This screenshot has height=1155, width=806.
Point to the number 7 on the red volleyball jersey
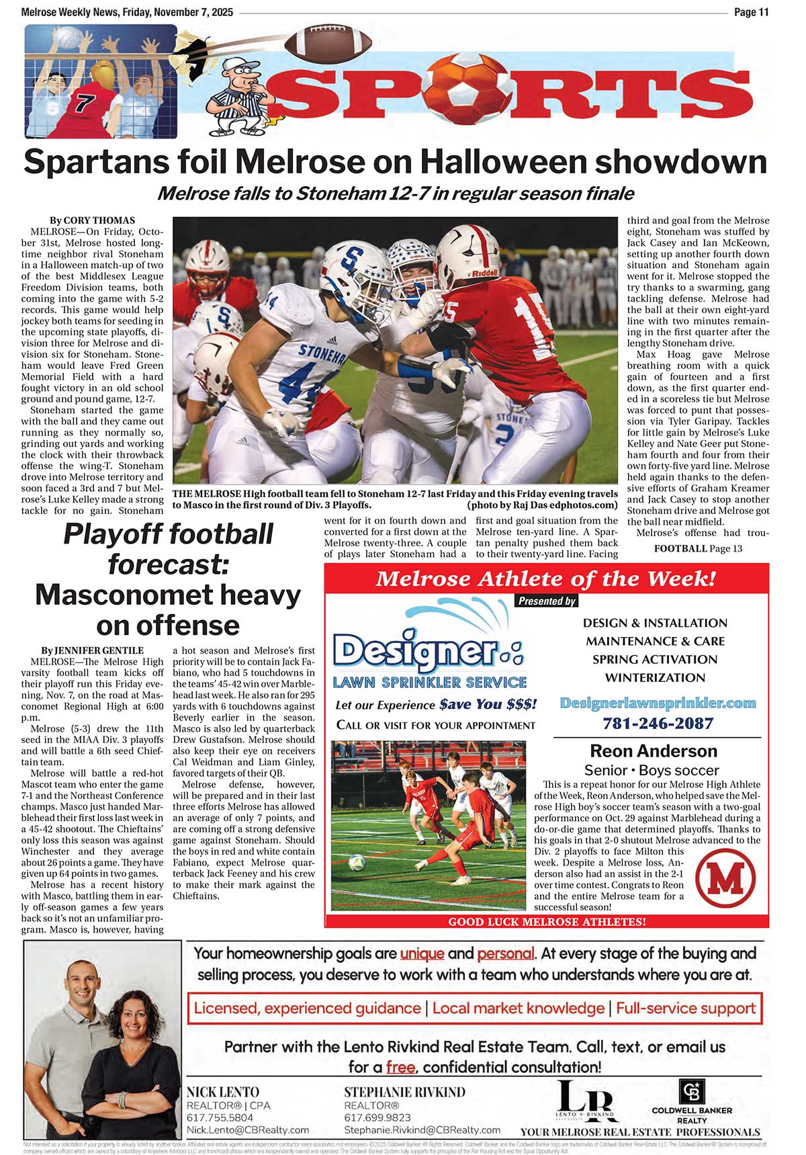pyautogui.click(x=83, y=105)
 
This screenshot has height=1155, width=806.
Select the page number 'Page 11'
pyautogui.click(x=751, y=12)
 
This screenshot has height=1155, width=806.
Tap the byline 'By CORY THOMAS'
pyautogui.click(x=92, y=220)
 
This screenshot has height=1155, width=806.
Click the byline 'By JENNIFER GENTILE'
pyautogui.click(x=92, y=650)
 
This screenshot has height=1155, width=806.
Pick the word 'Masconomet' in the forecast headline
pyautogui.click(x=168, y=595)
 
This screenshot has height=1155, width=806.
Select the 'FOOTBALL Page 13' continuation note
pyautogui.click(x=698, y=548)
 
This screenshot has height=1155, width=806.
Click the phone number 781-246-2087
pyautogui.click(x=658, y=723)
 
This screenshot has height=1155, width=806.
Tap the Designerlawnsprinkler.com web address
pyautogui.click(x=658, y=703)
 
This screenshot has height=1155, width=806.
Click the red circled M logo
pyautogui.click(x=725, y=878)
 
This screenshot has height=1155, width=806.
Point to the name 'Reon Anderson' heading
pyautogui.click(x=653, y=751)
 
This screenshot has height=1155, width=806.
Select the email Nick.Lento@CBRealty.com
pyautogui.click(x=247, y=1130)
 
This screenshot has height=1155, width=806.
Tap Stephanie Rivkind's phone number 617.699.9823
pyautogui.click(x=377, y=1117)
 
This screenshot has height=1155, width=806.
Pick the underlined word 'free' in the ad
pyautogui.click(x=400, y=1067)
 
